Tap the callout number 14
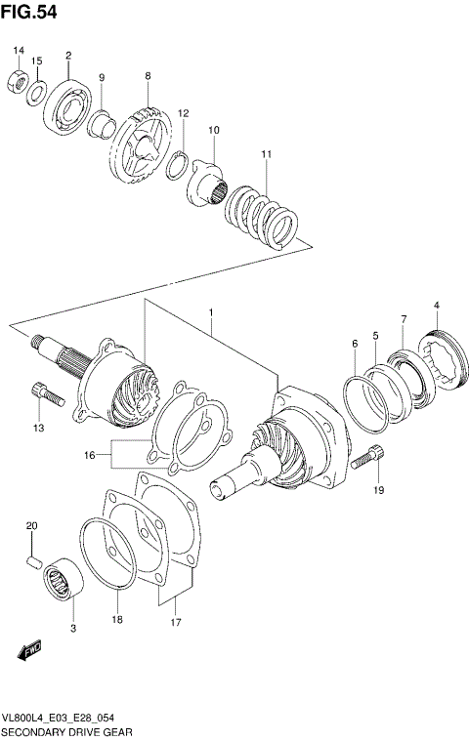coord(18,50)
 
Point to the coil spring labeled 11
coord(261,212)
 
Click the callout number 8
coord(148,76)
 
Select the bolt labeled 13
coord(46,393)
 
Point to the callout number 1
coord(210,311)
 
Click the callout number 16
coord(90,455)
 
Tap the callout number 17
coord(176,622)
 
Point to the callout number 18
coord(116,619)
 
